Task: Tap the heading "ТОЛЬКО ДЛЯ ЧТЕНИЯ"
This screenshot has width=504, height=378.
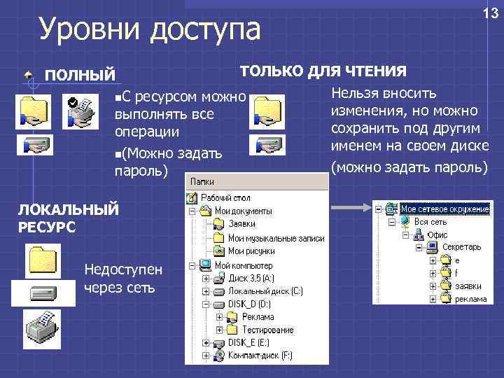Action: [323, 71]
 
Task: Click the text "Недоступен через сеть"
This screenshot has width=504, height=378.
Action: [122, 277]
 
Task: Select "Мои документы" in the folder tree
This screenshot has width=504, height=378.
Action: [243, 211]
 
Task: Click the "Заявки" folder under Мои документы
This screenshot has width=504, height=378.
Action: [241, 224]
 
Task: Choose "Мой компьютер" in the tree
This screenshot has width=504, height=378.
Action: [244, 266]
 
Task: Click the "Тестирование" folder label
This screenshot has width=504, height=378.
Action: [267, 330]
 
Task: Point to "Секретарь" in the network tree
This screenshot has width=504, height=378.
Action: [461, 247]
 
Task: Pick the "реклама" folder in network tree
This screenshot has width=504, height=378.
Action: [470, 299]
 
